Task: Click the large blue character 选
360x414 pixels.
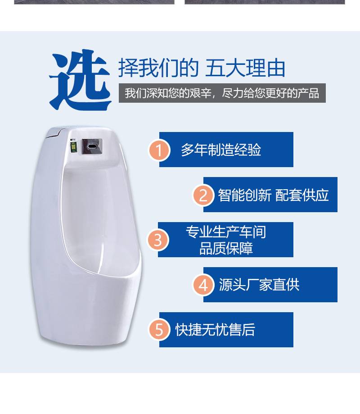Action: [80, 80]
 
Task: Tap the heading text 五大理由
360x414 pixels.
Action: [245, 68]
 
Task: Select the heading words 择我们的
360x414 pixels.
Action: [158, 68]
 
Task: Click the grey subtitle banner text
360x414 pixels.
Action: [222, 93]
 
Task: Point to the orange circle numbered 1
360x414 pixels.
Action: [159, 150]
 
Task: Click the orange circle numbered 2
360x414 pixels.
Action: [203, 195]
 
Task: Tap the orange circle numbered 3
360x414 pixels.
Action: [157, 240]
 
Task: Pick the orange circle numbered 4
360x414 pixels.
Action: [203, 285]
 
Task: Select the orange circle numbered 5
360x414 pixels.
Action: [159, 330]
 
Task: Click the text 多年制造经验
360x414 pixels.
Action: [221, 150]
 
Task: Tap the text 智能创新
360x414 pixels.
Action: [244, 196]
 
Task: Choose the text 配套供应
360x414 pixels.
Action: [302, 196]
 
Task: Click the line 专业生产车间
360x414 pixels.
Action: [226, 232]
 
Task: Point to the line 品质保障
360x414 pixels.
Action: [226, 248]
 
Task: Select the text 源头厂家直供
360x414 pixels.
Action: [259, 285]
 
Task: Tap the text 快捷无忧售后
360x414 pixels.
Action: [215, 330]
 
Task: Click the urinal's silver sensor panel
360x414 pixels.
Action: [92, 147]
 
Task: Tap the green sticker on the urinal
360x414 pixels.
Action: [74, 147]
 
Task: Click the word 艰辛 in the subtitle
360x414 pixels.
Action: [200, 93]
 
